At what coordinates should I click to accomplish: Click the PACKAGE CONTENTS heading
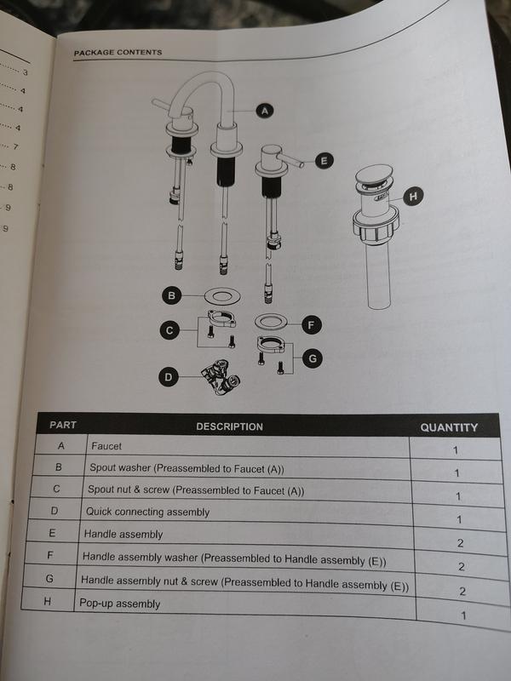pos(118,53)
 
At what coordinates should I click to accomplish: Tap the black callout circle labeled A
pos(265,111)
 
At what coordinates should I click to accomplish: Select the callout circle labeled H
pos(413,197)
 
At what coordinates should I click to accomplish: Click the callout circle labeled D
pos(168,377)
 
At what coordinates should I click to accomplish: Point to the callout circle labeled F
pos(311,325)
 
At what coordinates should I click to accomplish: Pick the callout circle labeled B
pos(171,295)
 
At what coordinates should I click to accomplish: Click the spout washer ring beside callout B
pos(222,296)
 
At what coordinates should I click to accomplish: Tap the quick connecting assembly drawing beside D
pos(221,377)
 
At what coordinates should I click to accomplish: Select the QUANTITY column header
pos(449,427)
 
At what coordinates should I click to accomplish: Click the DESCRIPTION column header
pos(229,426)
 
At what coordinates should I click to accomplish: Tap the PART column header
pos(62,425)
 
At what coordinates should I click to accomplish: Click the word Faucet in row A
pos(106,446)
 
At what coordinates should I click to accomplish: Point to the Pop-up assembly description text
pos(119,604)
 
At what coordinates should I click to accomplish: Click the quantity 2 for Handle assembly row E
pos(460,543)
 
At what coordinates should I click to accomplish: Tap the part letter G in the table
pos(49,579)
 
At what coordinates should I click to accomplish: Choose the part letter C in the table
pos(56,489)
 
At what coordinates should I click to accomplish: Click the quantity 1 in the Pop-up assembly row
pos(463,615)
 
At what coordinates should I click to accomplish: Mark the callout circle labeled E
pos(324,161)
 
